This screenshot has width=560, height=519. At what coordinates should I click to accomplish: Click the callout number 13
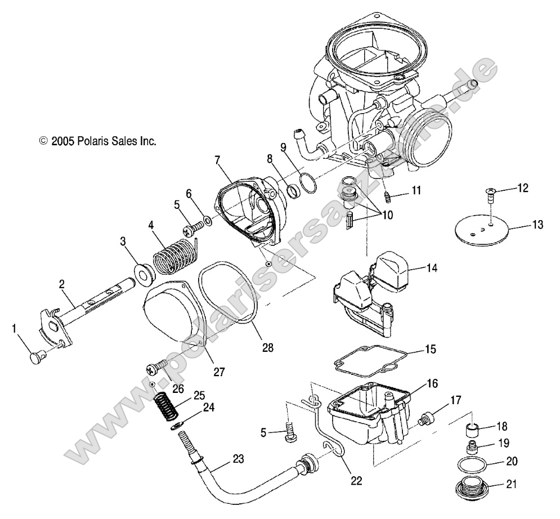(537, 225)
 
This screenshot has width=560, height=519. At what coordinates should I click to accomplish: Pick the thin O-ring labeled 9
(308, 184)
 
